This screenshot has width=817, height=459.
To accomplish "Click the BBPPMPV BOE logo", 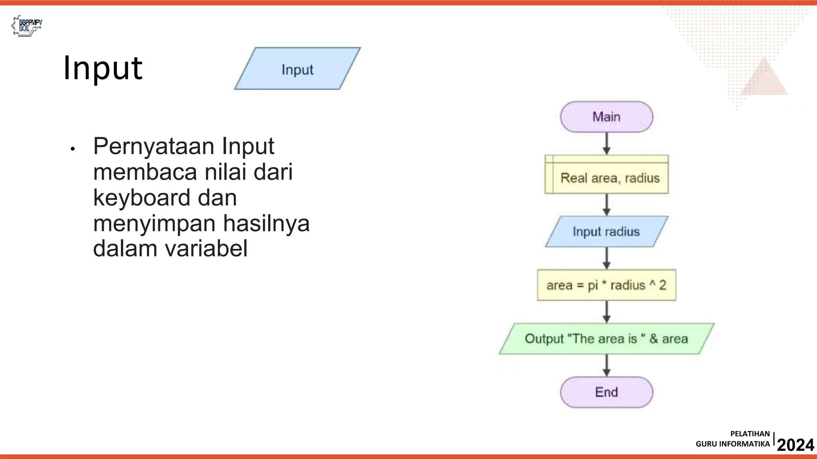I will (x=27, y=26).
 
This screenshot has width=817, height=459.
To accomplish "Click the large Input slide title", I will (x=103, y=68).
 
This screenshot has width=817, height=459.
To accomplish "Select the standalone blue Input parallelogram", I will (x=297, y=69).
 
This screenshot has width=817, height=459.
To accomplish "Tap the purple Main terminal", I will (x=606, y=117).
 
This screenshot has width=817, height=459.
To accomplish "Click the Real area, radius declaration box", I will (x=607, y=175).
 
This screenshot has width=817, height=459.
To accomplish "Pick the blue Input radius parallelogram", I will (x=606, y=231).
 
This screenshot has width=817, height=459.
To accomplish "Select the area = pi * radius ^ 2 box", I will (x=606, y=285).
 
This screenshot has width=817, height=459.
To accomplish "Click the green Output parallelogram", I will (x=606, y=339).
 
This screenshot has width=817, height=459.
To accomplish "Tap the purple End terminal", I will (x=606, y=392).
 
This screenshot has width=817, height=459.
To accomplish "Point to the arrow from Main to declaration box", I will (x=607, y=143).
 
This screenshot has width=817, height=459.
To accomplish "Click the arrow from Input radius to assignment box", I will (x=607, y=258).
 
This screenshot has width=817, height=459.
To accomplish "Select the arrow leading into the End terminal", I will (x=607, y=365).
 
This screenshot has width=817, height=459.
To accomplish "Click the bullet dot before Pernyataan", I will (x=73, y=149).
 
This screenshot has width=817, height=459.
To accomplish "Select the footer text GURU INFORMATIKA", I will (x=733, y=444).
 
